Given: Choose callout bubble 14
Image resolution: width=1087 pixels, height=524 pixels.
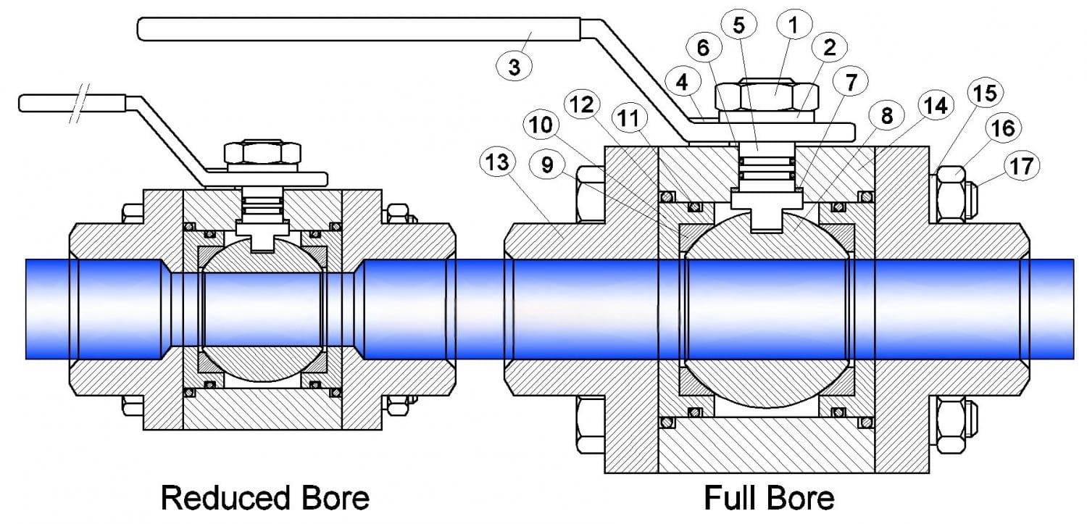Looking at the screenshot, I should (x=936, y=106).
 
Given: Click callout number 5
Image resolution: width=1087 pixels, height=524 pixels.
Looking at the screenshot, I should (x=738, y=25).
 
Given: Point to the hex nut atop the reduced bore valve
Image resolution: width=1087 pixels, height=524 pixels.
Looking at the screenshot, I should (x=262, y=152).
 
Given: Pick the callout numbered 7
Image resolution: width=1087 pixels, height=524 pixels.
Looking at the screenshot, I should (x=851, y=82).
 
